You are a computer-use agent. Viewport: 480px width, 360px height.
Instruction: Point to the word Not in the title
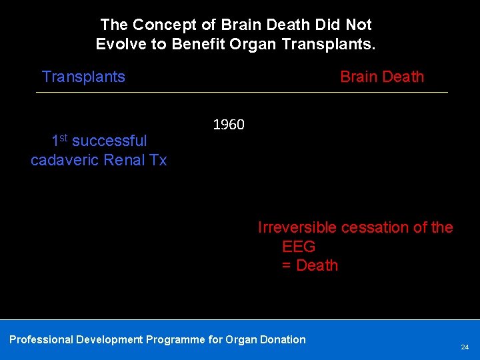(359, 25)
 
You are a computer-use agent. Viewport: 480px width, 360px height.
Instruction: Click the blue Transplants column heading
(83, 77)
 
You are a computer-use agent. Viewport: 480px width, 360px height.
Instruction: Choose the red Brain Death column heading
(381, 77)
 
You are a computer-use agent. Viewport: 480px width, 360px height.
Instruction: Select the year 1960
(229, 125)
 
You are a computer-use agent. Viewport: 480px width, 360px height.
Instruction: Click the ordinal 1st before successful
(59, 140)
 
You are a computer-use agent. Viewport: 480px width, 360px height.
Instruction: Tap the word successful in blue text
(109, 141)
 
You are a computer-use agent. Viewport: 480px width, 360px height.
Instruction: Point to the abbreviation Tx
(157, 160)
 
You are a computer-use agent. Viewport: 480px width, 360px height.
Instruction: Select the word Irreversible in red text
(297, 227)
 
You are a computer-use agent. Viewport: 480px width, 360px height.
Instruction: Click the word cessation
(373, 227)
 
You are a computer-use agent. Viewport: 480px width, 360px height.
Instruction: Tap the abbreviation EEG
(299, 247)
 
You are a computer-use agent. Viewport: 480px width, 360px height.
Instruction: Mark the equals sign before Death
(287, 265)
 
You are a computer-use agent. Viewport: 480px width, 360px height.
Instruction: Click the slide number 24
(465, 347)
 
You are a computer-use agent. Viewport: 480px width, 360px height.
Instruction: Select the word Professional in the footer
(41, 339)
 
